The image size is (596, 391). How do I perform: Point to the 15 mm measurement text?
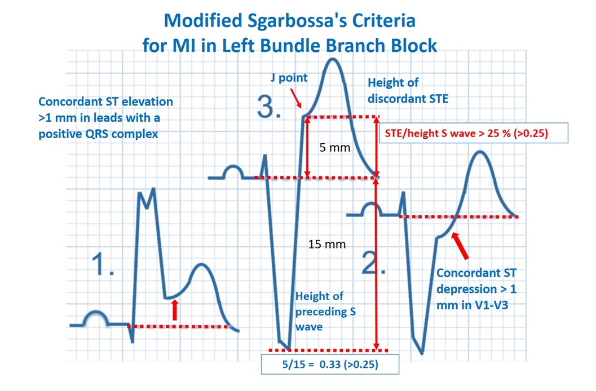pyautogui.click(x=327, y=244)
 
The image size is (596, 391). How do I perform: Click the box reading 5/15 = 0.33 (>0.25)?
pyautogui.click(x=330, y=364)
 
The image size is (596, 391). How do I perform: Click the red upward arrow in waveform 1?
pyautogui.click(x=174, y=310)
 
